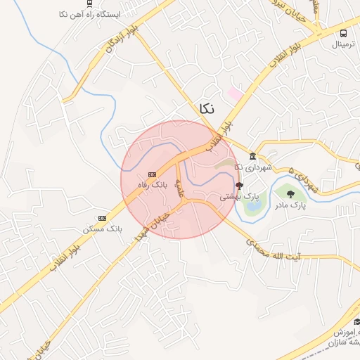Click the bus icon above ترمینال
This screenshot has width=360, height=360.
tap(342, 32)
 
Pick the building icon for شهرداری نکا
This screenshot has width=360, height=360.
tap(252, 155)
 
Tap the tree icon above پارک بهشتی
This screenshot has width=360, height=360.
tap(239, 186)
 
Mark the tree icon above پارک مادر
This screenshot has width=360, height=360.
tap(291, 194)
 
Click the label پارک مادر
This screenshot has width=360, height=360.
tap(289, 206)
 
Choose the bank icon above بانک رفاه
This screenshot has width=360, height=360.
tap(152, 175)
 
